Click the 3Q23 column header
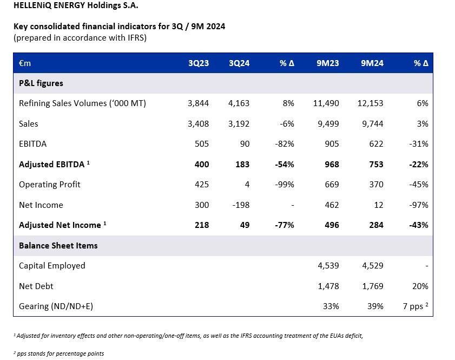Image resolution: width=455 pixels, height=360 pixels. [199, 63]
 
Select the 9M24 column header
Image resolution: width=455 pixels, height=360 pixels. [372, 63]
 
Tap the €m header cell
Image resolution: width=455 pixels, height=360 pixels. [25, 63]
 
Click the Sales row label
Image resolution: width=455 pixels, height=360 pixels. [29, 123]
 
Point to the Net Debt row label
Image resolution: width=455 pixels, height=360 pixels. [36, 286]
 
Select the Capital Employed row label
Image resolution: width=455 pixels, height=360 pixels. [52, 265]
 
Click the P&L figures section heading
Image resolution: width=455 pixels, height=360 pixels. [41, 83]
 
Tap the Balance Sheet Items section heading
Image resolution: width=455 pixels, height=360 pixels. [58, 245]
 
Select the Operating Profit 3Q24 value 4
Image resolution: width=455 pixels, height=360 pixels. [247, 184]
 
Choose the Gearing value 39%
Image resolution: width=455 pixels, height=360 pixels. [375, 306]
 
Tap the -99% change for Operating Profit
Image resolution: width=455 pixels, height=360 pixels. [285, 184]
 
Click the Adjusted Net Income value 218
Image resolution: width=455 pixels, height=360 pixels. [201, 225]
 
